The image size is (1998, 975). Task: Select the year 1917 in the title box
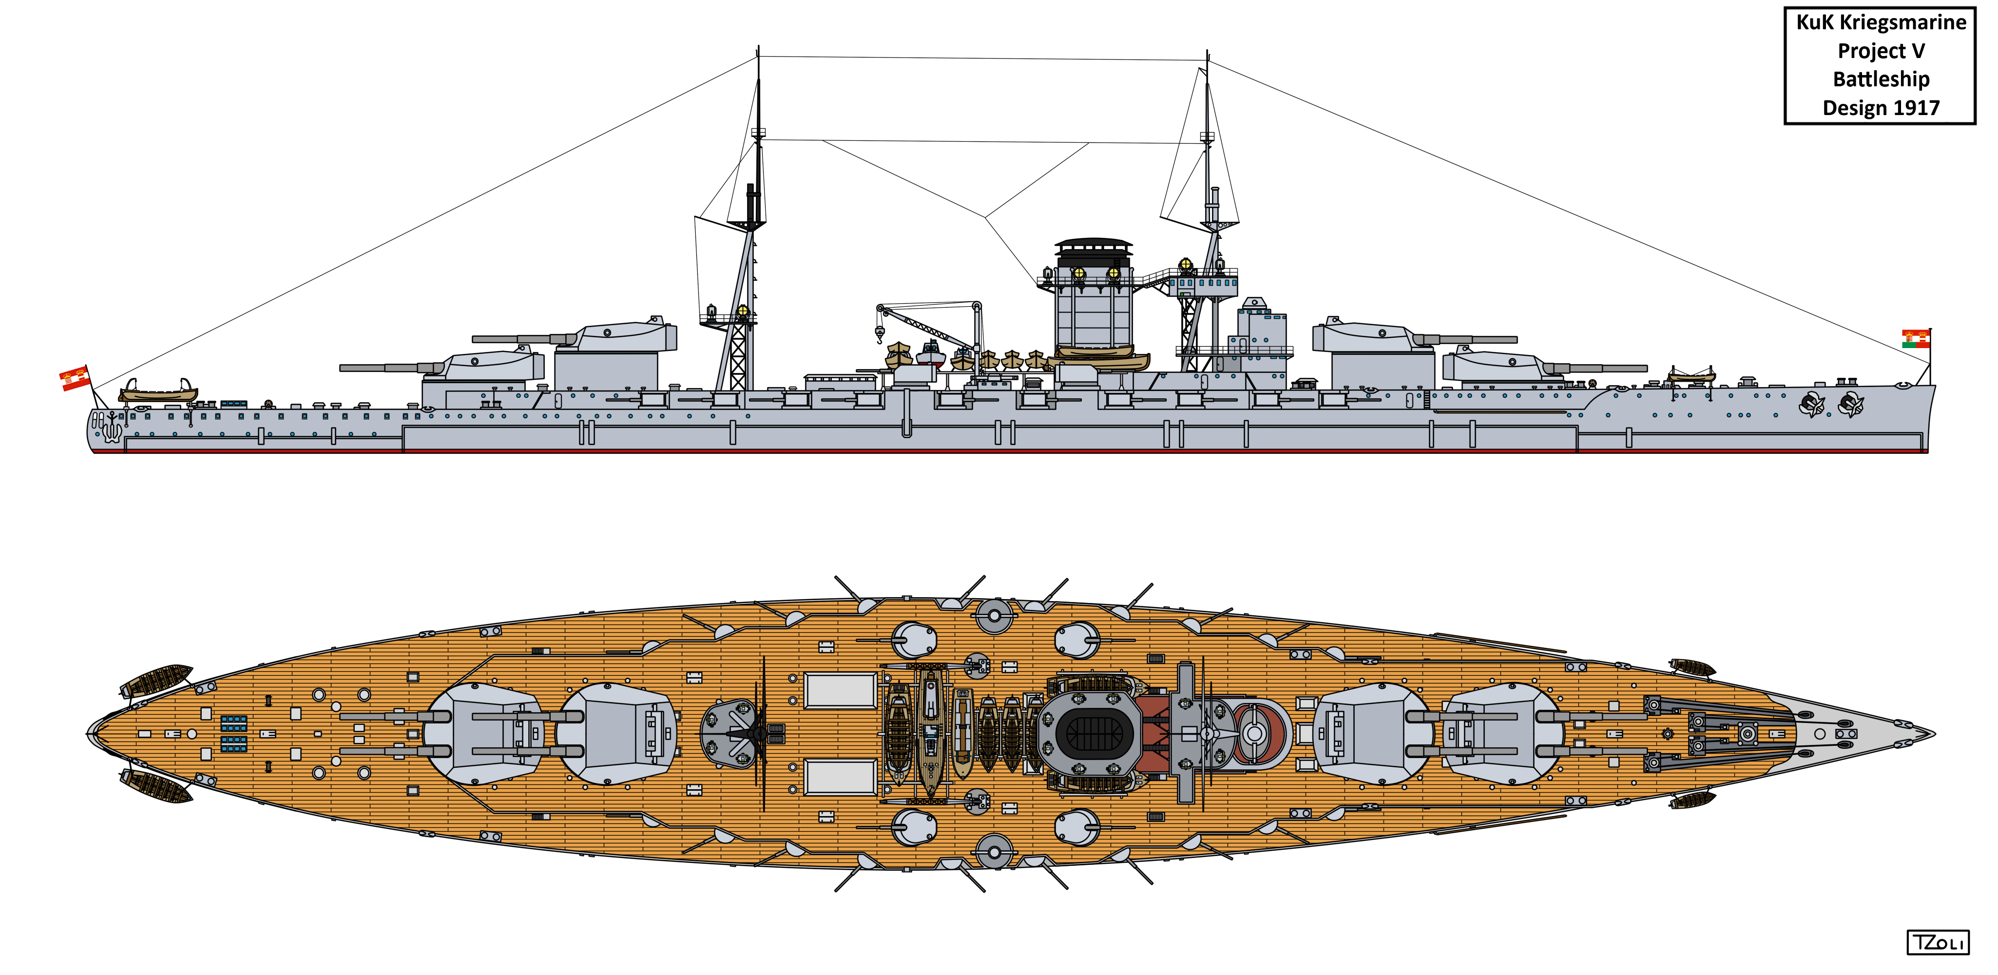point(1915,108)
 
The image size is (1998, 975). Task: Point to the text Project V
point(1881,51)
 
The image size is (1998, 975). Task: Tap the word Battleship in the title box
point(1881,79)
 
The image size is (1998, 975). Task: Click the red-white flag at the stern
point(75,378)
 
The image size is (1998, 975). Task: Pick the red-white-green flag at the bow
point(1916,338)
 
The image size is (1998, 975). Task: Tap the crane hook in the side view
point(880,335)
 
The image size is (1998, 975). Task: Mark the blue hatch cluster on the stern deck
point(233,734)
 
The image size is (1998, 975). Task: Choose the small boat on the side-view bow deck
point(1691,377)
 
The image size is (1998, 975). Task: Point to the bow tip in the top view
point(1933,733)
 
